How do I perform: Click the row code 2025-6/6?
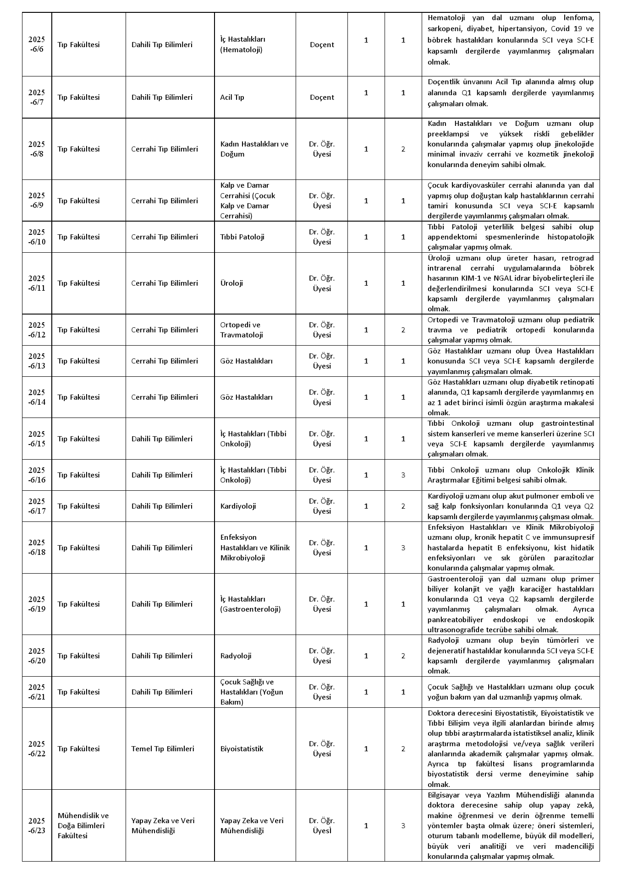click(x=37, y=44)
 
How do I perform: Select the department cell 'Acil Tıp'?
click(x=232, y=97)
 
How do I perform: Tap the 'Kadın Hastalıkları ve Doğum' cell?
click(x=254, y=149)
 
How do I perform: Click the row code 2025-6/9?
click(x=37, y=201)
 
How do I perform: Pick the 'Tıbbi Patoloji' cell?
click(x=242, y=237)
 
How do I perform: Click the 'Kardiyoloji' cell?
click(x=238, y=506)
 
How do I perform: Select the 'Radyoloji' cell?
click(x=236, y=656)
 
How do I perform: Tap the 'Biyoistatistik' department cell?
click(x=242, y=749)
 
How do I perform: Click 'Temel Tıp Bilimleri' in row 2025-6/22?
click(x=163, y=749)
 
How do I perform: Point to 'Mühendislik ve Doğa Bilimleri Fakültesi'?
click(x=83, y=825)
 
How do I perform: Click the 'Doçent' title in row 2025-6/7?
click(x=322, y=97)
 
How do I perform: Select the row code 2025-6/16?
click(x=37, y=475)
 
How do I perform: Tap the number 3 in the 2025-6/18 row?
click(x=403, y=548)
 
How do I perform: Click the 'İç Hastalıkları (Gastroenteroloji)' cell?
click(x=250, y=604)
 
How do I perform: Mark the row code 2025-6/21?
click(x=37, y=692)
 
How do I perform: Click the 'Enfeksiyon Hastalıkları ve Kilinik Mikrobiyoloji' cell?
click(x=255, y=548)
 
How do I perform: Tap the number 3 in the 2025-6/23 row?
click(x=403, y=825)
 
